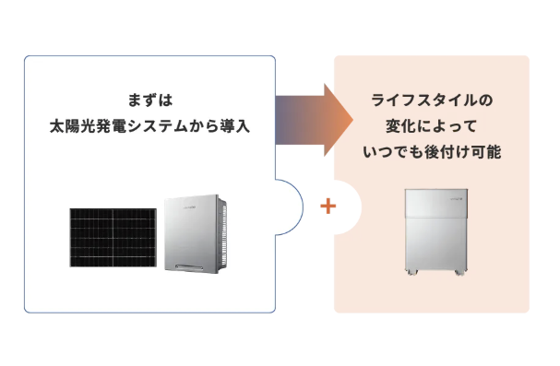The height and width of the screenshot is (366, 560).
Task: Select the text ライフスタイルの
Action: (x=431, y=98)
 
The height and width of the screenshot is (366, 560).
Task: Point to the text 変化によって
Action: (x=431, y=124)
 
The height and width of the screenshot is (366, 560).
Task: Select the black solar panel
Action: (x=112, y=241)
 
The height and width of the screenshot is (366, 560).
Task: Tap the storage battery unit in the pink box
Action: (x=431, y=230)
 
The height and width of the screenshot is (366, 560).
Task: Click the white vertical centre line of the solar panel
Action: (x=112, y=241)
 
